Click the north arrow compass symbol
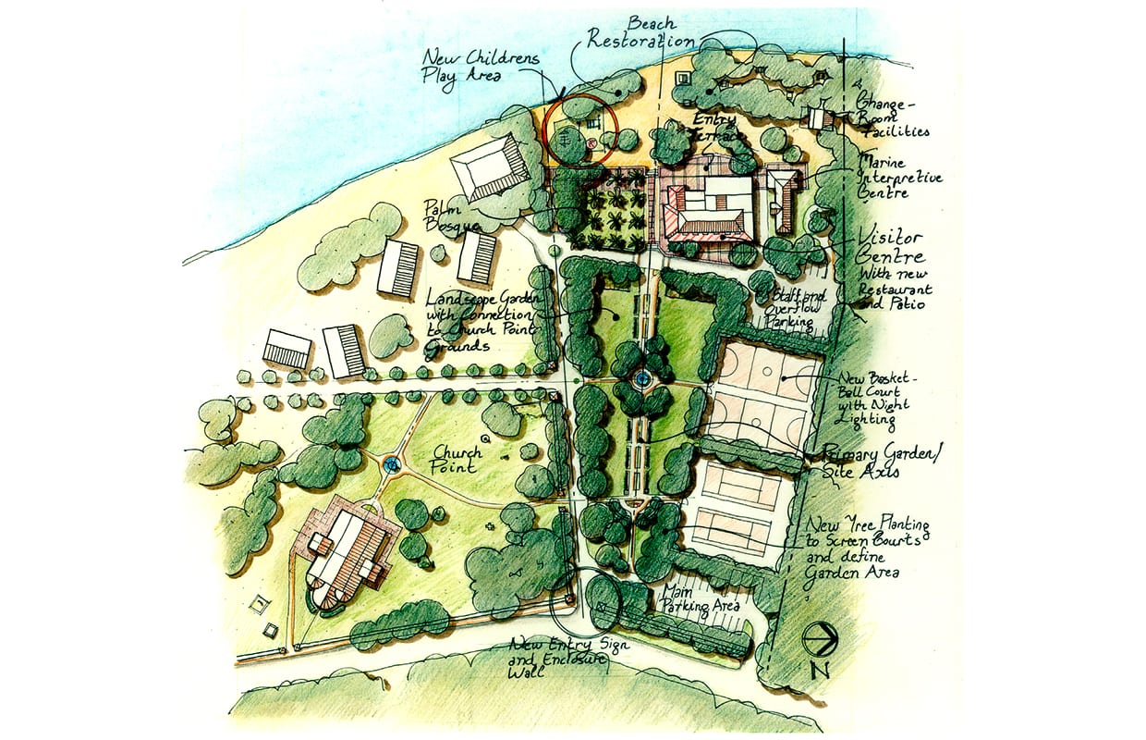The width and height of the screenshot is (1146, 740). [x=819, y=637]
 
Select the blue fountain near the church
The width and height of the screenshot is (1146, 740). [x=391, y=464]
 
